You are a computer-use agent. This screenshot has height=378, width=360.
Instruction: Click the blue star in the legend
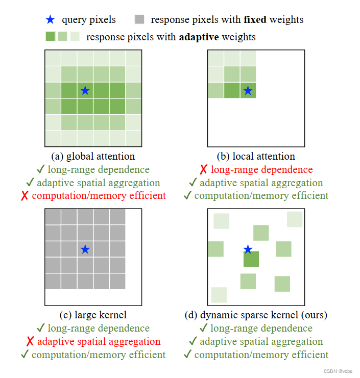click(x=50, y=20)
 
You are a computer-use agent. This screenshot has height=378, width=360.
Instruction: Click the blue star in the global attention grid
click(x=85, y=90)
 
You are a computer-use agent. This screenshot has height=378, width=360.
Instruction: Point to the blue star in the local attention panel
click(x=248, y=90)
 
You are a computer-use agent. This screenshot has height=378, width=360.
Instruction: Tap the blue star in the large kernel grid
click(x=85, y=249)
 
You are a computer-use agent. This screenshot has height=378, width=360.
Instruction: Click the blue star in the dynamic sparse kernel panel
click(x=248, y=249)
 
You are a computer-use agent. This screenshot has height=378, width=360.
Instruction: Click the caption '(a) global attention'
click(x=93, y=156)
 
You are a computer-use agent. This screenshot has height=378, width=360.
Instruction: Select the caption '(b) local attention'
click(x=256, y=156)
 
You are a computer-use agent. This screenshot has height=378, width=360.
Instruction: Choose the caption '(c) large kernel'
click(x=93, y=315)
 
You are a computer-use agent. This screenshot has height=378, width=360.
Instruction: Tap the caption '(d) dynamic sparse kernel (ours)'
click(x=256, y=315)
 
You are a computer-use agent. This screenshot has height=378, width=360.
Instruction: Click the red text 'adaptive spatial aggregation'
click(x=99, y=342)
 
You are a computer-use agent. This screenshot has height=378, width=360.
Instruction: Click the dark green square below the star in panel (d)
click(x=251, y=259)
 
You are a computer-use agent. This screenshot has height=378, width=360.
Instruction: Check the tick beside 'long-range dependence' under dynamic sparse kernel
click(x=203, y=329)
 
